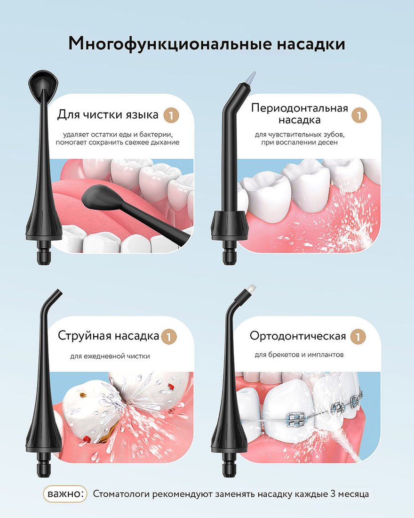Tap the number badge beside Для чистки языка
click(171, 115)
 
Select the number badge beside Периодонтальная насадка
click(359, 115)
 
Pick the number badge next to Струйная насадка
click(169, 337)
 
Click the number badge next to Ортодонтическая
click(358, 337)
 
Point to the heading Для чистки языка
click(108, 114)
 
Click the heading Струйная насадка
click(109, 336)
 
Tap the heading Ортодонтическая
click(298, 336)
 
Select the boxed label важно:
click(65, 494)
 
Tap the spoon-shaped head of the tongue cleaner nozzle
click(43, 81)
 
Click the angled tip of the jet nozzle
click(56, 294)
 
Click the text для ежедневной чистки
click(110, 356)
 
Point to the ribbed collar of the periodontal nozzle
click(230, 225)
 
